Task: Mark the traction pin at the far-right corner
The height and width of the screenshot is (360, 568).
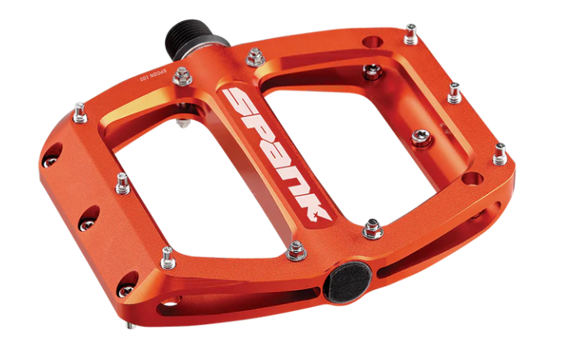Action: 499,154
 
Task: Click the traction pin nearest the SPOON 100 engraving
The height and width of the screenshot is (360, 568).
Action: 182,76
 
